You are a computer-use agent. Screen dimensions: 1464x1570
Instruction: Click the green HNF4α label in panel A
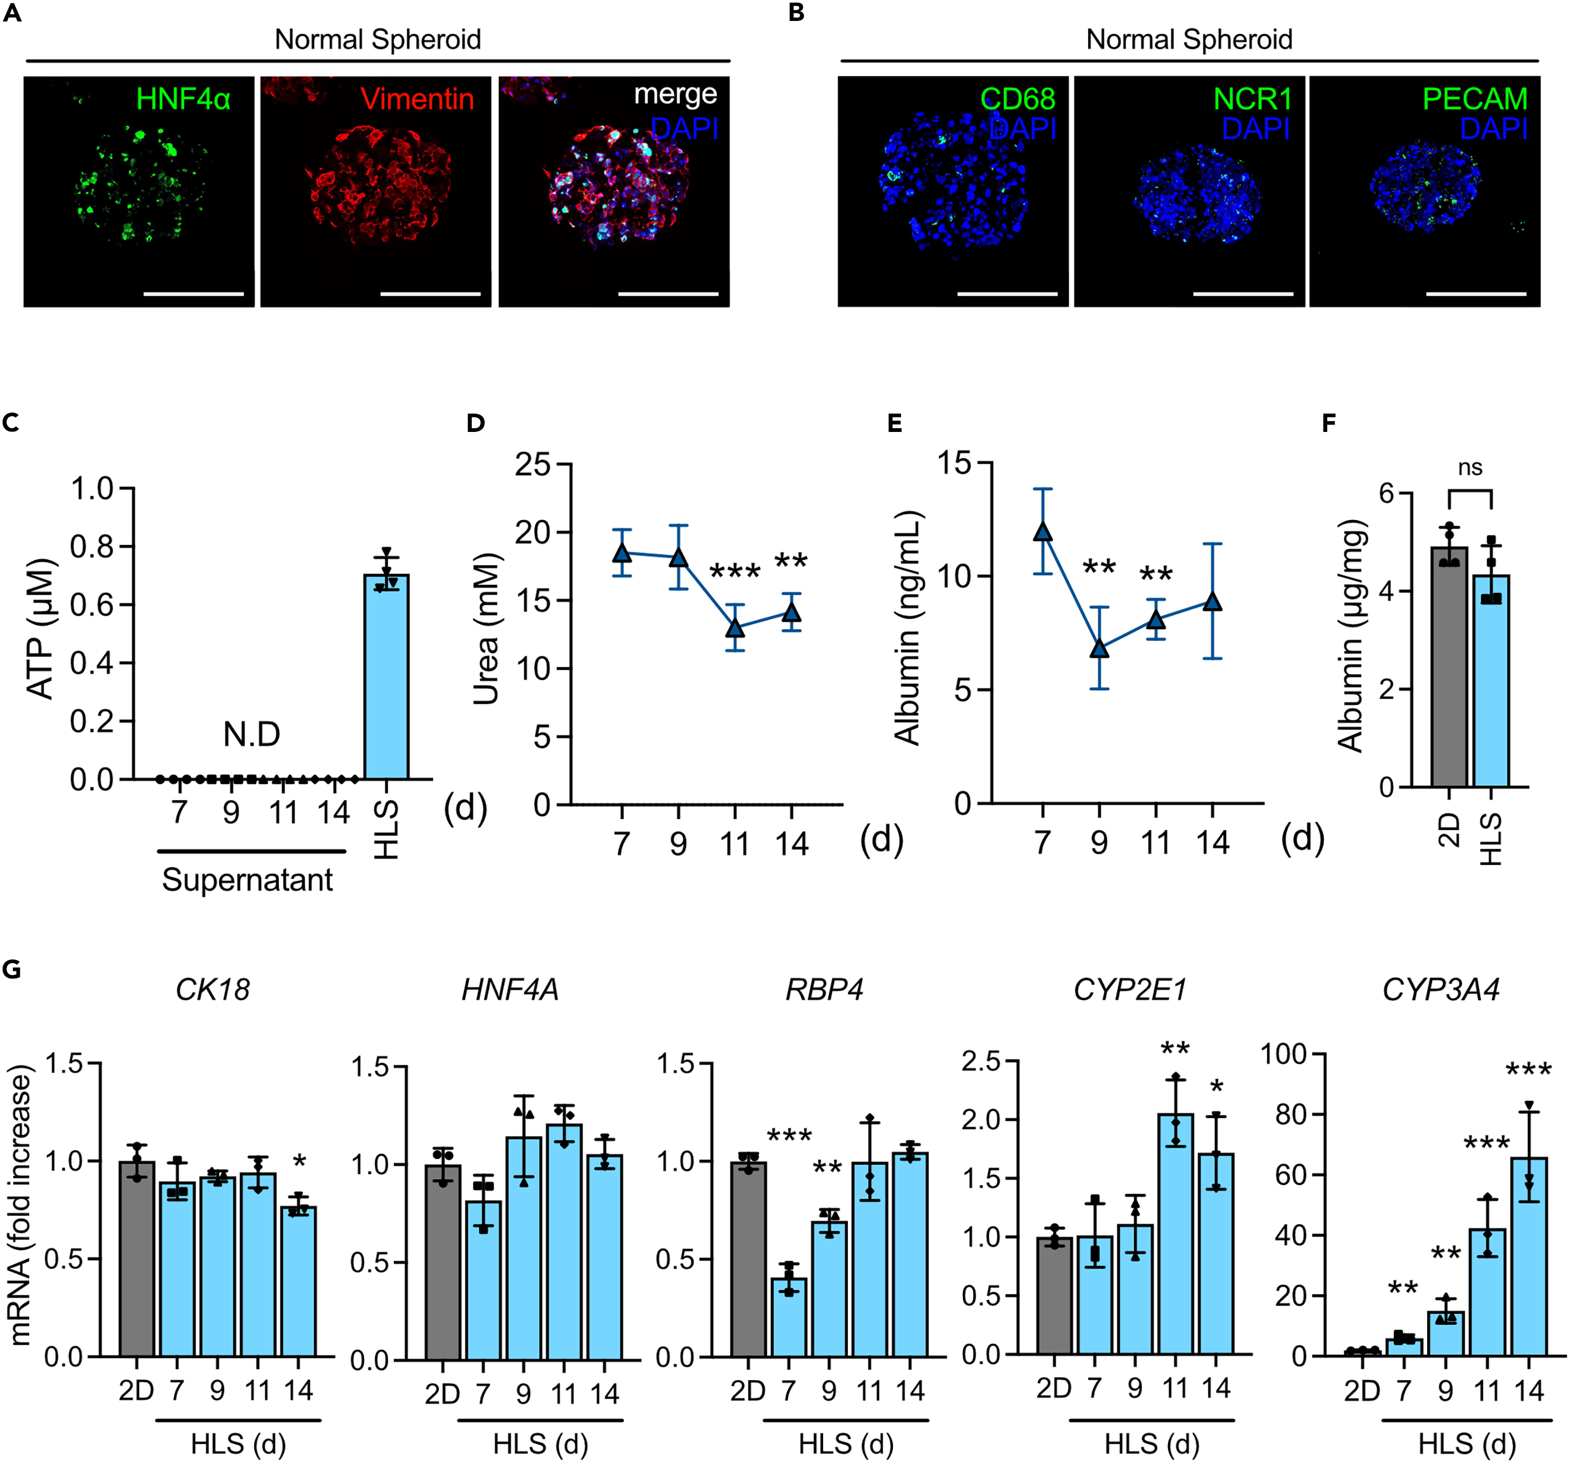click(x=183, y=99)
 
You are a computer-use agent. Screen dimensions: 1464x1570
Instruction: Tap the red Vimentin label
click(x=417, y=99)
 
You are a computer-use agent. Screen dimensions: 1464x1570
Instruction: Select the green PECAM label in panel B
click(x=1474, y=99)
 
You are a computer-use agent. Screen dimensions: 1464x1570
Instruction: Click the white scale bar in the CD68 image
click(x=1007, y=294)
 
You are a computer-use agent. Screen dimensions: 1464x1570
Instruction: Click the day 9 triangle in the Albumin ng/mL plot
click(x=1099, y=648)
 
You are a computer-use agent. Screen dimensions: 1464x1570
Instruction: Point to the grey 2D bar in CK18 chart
click(x=136, y=1259)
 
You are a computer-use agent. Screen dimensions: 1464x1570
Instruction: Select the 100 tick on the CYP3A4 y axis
click(x=1281, y=1054)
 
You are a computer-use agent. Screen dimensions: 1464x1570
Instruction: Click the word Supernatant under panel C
click(x=247, y=879)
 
